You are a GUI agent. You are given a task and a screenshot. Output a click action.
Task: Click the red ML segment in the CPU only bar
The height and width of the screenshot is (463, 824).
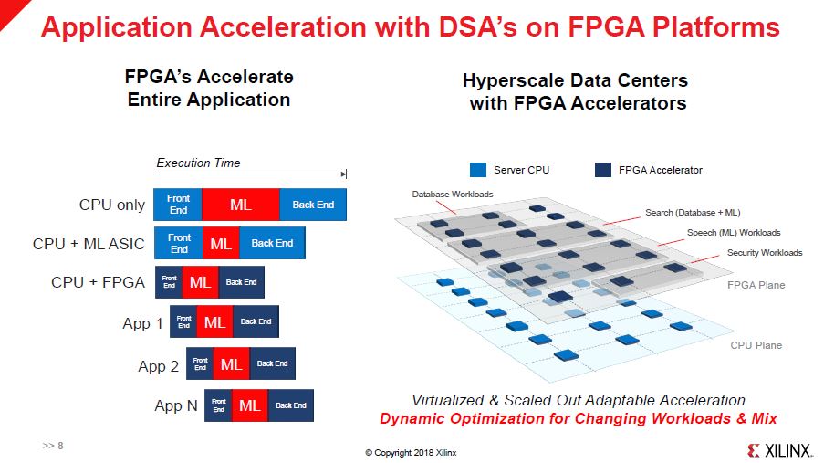coord(241,205)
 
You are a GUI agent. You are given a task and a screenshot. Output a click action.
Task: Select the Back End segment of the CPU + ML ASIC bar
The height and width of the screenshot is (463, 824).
coord(272,243)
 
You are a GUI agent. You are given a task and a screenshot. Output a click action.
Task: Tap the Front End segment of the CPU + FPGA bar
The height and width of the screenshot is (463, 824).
coord(169,282)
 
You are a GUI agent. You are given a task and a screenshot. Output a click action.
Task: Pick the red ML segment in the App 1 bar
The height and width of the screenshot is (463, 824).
coord(214,321)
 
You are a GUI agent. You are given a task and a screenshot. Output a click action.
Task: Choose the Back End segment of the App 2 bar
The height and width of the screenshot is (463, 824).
coord(272,363)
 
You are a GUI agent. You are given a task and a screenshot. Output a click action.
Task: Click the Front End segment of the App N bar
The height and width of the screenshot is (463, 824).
coord(218,405)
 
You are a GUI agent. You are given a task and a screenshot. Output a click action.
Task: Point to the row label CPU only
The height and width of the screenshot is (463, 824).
coord(111,205)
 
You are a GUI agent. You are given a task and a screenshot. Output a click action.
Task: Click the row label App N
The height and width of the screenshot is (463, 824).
coord(175,405)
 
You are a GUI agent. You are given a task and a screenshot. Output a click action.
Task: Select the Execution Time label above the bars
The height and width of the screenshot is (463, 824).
coord(198,163)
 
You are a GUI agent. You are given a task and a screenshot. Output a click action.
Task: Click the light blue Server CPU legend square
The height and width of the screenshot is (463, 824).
coord(478,170)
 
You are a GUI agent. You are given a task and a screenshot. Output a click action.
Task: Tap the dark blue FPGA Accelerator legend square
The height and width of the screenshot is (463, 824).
coord(602,170)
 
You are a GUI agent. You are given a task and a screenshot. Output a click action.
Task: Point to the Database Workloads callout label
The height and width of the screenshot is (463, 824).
coord(453,195)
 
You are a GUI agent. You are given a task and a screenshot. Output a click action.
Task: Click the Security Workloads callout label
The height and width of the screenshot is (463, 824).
coord(764,252)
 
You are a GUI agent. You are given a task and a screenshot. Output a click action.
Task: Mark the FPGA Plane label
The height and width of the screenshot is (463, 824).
coord(756,285)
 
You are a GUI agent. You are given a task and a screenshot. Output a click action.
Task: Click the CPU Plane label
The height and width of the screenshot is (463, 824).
coord(756,345)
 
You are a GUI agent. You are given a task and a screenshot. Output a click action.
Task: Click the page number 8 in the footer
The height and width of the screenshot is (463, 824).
coord(59,446)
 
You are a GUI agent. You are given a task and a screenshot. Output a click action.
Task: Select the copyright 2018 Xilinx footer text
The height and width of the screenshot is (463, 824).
coord(411,452)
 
